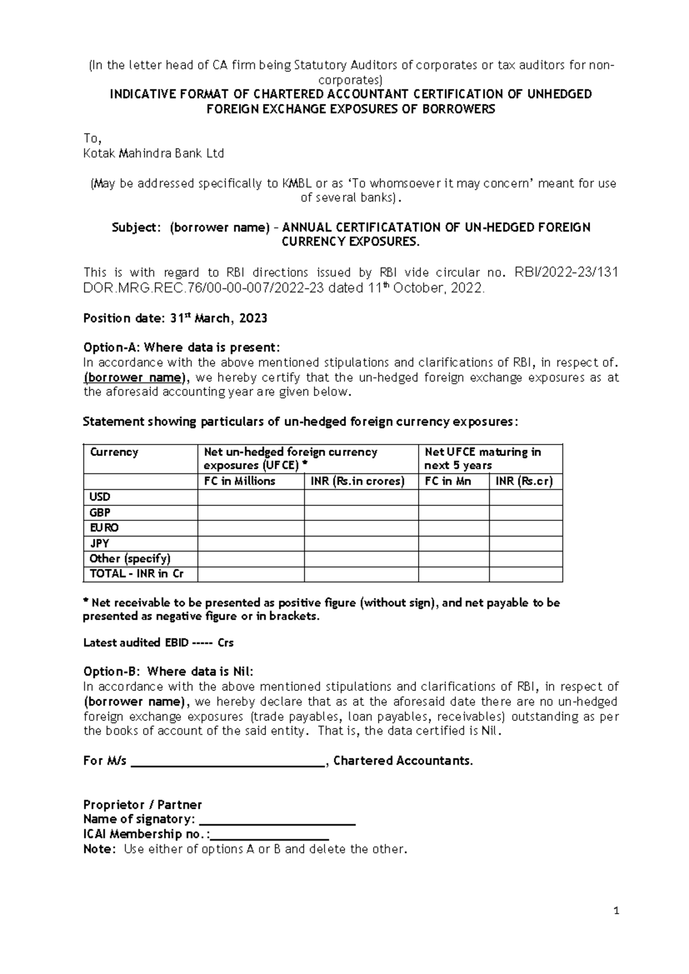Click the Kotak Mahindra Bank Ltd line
[153, 153]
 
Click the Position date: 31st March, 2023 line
[175, 318]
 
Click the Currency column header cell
[114, 452]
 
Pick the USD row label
[100, 497]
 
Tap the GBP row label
[100, 512]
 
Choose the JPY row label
[99, 543]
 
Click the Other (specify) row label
[130, 558]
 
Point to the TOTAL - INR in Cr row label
[136, 574]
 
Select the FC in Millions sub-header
[239, 481]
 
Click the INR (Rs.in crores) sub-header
[357, 481]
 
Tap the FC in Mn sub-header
[448, 481]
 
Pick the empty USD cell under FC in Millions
[251, 497]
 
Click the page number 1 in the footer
[616, 910]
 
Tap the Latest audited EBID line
[158, 643]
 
